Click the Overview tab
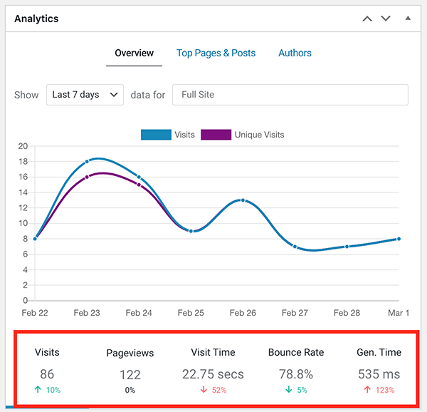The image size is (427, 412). coord(135,53)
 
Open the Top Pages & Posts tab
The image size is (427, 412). coord(216,53)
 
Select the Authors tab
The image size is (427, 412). coord(295,53)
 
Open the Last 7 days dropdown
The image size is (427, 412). coord(85,95)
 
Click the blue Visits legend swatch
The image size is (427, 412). coord(156,134)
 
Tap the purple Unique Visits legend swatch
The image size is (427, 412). coord(216,134)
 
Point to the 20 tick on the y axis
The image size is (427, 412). coord(23,146)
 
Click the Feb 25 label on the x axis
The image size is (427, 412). coord(191,313)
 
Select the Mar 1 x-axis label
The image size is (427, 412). coord(399,313)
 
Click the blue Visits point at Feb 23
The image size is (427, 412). coord(87,162)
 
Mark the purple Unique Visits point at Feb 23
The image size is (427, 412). coord(87,177)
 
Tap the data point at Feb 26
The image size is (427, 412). coord(243,200)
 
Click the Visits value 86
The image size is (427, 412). coord(47,374)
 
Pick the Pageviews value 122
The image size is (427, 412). coord(130,374)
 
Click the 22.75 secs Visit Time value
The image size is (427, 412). coord(213,374)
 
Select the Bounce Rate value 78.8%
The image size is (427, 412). coord(295,374)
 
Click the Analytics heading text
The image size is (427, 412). coord(36,19)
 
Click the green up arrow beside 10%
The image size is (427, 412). coord(37,390)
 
